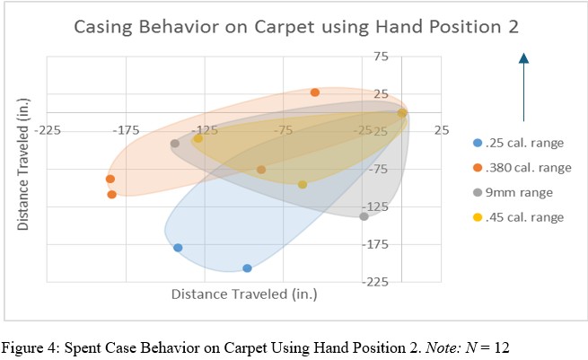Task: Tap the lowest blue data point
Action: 247,268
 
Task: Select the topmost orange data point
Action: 315,92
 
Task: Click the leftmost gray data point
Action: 175,144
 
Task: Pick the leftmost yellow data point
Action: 197,138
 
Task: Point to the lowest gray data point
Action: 364,216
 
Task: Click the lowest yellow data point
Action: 303,184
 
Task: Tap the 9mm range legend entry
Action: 519,192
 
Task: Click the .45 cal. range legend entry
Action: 522,217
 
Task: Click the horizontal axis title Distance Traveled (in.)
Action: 244,294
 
